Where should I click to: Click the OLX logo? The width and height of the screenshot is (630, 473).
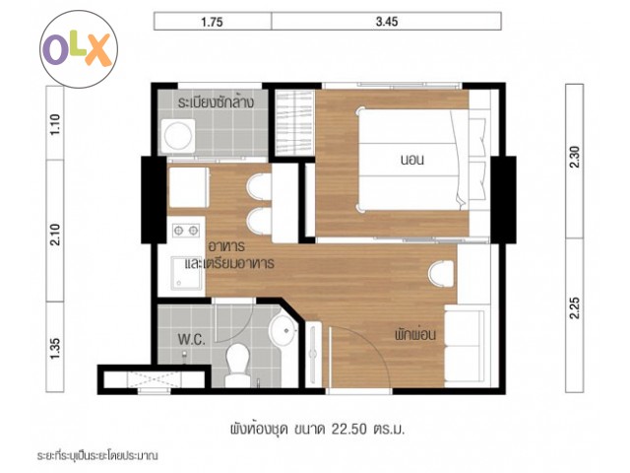coord(79,49)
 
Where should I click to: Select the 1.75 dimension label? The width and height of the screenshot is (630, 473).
coord(212,22)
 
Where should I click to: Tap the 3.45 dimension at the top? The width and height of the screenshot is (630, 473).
coord(387,22)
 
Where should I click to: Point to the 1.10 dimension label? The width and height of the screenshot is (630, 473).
coord(55,124)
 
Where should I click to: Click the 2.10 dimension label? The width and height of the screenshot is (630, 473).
coord(55,235)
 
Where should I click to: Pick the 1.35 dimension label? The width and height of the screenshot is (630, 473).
coord(55,349)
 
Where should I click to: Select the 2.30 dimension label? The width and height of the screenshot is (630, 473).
coord(575,157)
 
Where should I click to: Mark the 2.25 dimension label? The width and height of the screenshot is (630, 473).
coord(575,307)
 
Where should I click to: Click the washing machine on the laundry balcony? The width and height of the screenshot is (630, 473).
coord(178,135)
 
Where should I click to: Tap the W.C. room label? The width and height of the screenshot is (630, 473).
coord(192,339)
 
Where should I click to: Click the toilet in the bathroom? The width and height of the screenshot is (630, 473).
coord(238,365)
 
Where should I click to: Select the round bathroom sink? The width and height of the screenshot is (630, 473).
coord(283,330)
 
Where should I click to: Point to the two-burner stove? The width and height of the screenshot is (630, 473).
coord(186,231)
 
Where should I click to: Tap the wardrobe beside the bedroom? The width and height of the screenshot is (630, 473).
coord(294,122)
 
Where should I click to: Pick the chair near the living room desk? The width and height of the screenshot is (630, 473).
coord(441,274)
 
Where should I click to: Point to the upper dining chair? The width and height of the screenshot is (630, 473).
coord(259,186)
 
